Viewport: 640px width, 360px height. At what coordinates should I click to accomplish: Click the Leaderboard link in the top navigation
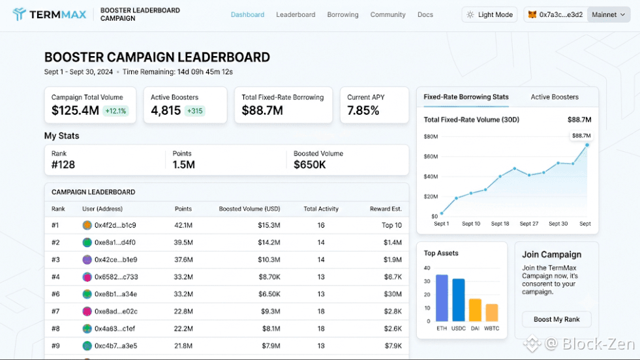[296, 15]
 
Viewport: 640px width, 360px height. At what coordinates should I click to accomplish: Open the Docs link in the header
[425, 15]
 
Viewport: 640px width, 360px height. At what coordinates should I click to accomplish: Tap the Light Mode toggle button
[489, 15]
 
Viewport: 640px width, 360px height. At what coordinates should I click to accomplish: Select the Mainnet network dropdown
[608, 15]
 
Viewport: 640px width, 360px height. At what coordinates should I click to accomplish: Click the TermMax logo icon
[19, 14]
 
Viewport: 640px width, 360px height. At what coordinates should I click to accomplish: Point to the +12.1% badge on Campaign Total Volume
[115, 111]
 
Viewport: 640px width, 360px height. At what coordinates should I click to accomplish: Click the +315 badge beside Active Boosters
[194, 111]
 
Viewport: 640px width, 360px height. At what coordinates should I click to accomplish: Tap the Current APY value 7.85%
[363, 111]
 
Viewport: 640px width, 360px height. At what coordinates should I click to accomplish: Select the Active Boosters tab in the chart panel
[555, 97]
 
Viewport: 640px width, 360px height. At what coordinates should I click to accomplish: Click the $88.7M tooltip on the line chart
[581, 136]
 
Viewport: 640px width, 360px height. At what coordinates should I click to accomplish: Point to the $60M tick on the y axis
[431, 157]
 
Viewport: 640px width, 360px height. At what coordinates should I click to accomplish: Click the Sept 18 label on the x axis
[500, 224]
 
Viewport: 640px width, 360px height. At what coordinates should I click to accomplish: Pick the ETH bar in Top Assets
[442, 298]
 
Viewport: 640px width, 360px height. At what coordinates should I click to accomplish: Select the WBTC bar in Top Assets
[491, 312]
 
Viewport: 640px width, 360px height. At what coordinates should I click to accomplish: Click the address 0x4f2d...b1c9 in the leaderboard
[115, 225]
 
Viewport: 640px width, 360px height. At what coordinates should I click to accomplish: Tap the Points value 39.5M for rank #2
[183, 243]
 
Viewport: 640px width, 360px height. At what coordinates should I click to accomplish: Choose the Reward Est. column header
[386, 209]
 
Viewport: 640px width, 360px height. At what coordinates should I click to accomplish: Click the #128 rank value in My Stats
[63, 165]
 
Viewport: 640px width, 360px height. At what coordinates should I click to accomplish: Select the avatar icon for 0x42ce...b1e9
[87, 260]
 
